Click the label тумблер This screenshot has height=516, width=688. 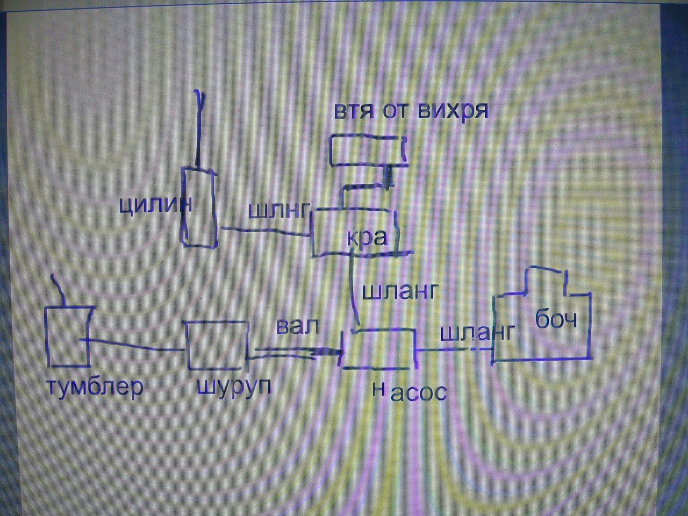coord(95,388)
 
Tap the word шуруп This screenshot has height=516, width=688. coord(234,388)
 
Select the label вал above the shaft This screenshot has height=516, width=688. coord(297,326)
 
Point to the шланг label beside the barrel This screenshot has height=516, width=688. coord(477,333)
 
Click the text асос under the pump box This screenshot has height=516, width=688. coord(419,393)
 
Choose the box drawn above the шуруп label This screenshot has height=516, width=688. coord(217,345)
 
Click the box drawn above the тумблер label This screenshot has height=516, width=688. coord(67,336)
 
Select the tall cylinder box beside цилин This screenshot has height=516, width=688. coord(199,207)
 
